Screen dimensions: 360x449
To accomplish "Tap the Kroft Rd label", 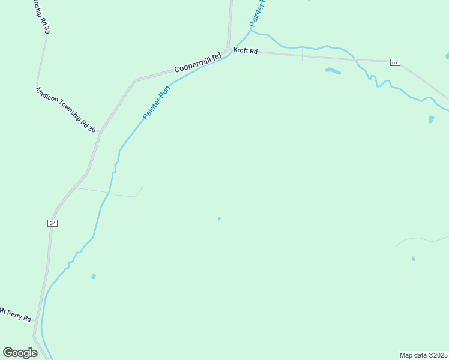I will [x=246, y=52].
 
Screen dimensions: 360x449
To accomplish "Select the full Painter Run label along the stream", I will [x=157, y=103].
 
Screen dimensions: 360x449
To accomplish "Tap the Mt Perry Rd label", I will [x=16, y=314].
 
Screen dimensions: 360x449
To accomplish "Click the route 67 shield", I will [x=394, y=62].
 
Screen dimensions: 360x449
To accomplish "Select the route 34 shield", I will [x=52, y=223].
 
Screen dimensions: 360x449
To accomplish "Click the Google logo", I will [x=20, y=353].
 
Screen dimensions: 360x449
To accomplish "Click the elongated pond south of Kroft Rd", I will [x=333, y=71].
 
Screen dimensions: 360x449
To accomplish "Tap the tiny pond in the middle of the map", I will [x=219, y=219].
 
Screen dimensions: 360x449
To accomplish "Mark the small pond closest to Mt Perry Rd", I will [x=93, y=277].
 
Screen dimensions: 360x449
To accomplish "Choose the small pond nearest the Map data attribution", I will [x=413, y=259].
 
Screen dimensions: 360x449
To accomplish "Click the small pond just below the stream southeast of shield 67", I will [x=431, y=119].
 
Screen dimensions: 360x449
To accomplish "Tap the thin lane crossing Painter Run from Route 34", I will [x=112, y=193].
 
